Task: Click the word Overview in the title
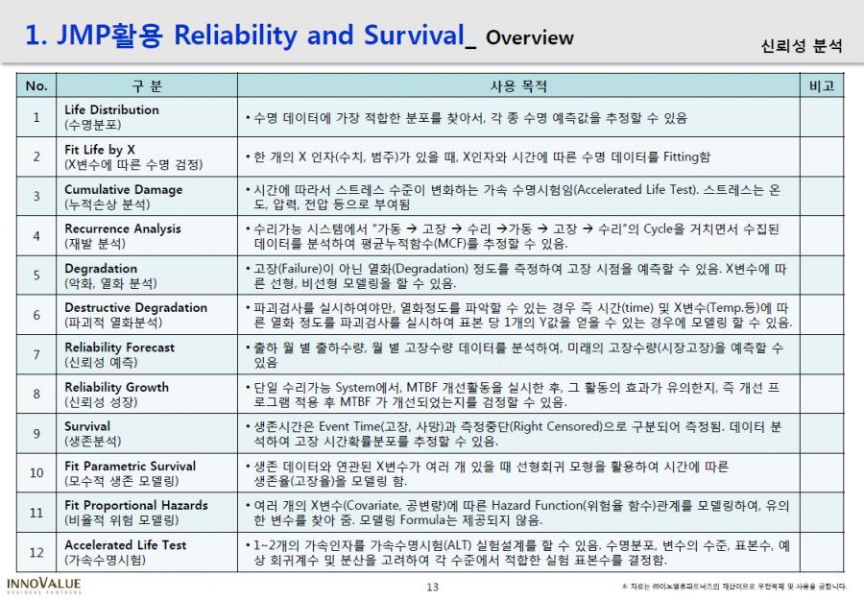(x=530, y=37)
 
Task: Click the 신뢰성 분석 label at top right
(x=802, y=46)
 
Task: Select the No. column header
(x=36, y=86)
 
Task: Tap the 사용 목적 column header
(x=518, y=86)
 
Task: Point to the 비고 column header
(x=822, y=86)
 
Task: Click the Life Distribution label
(x=112, y=110)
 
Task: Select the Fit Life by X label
(x=100, y=150)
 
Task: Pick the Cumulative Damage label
(x=124, y=189)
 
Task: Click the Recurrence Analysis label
(x=123, y=228)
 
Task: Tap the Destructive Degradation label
(x=136, y=307)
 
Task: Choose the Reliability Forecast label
(x=120, y=348)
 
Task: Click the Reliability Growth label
(x=117, y=387)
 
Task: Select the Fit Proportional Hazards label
(x=136, y=505)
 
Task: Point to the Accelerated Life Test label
(x=126, y=545)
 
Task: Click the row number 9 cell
(x=36, y=434)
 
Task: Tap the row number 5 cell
(x=36, y=275)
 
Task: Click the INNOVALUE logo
(x=44, y=586)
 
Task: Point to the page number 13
(x=433, y=588)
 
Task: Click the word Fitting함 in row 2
(x=686, y=157)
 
